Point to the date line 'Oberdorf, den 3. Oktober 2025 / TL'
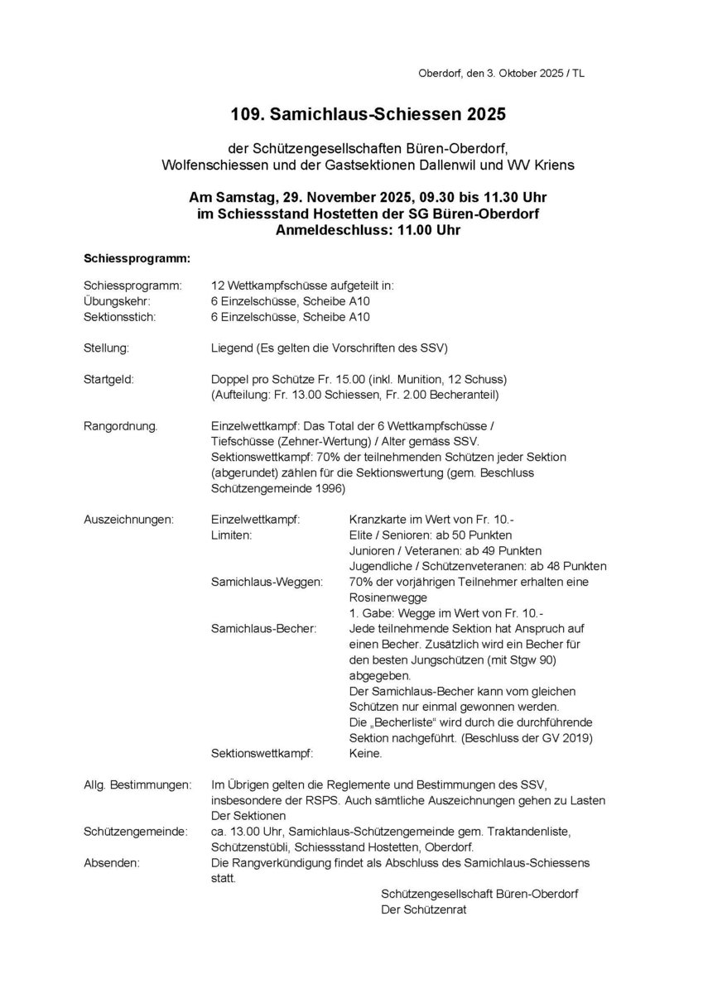point(502,74)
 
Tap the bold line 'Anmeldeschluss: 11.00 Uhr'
point(368,231)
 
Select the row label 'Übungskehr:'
point(117,301)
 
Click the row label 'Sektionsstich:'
point(121,317)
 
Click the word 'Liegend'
point(234,348)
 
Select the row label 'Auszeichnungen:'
point(129,520)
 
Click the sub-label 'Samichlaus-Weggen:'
point(267,583)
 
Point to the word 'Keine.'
point(366,754)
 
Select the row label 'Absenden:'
point(112,863)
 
